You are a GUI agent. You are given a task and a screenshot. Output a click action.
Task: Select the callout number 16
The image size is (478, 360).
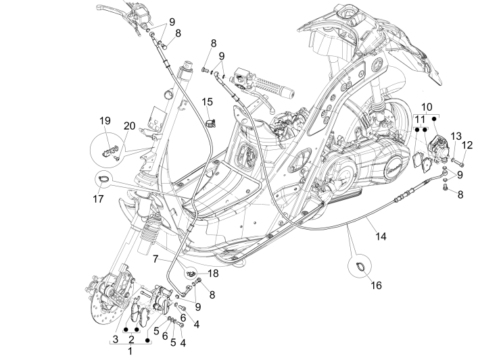tap(376, 286)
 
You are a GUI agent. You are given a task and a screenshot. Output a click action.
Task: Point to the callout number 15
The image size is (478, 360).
tap(207, 101)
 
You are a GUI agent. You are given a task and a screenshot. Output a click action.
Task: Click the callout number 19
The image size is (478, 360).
tap(105, 121)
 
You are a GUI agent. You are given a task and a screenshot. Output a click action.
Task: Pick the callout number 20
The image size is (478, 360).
tap(129, 126)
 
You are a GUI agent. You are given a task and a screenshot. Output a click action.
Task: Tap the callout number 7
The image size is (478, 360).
tap(156, 259)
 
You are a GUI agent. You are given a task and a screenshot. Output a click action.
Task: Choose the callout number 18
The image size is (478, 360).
tap(214, 274)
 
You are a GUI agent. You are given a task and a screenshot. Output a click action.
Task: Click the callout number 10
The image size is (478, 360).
tap(427, 107)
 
